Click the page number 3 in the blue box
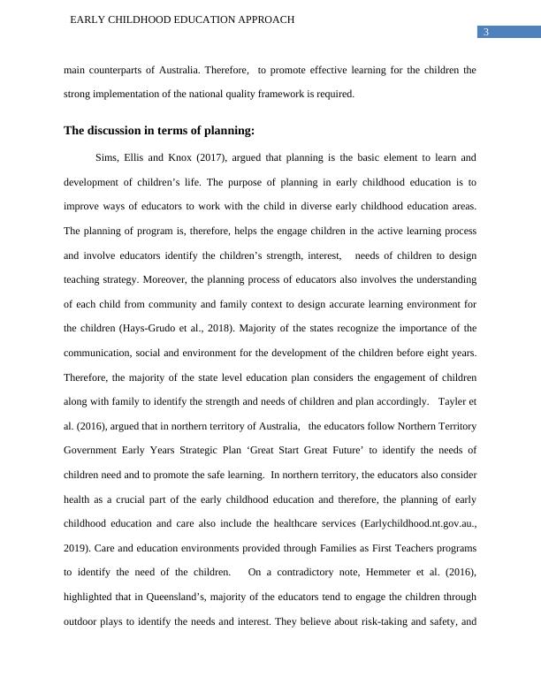[x=485, y=33]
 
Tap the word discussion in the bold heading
[x=118, y=131]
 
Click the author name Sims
[x=105, y=158]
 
